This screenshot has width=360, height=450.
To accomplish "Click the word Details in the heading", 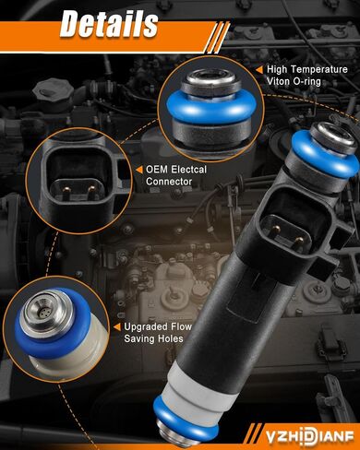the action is pos(109,24).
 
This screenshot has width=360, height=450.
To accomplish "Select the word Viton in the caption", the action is pos(277,81).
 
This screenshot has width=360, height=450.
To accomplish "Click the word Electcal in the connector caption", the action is pos(189,170).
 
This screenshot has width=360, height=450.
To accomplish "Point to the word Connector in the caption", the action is pos(169,182).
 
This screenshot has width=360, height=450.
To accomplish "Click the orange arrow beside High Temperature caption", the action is pos(259,70).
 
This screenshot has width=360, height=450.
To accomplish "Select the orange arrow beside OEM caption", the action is pos(139,170).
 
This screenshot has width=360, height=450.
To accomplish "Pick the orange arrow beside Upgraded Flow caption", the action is pos(117,327).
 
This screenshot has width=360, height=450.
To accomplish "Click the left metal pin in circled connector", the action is pos(66,191).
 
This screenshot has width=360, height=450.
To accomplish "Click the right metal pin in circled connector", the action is pos(91,191).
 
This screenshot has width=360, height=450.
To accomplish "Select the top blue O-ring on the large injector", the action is pos(323,157).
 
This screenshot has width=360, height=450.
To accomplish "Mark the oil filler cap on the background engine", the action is pos(53,91).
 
